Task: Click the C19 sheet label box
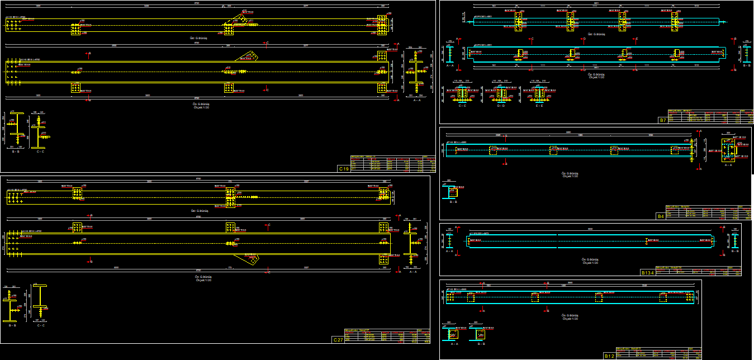point(344,168)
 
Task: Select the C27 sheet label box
point(338,340)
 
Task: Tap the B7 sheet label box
point(663,120)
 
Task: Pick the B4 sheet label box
point(661,216)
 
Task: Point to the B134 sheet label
point(647,273)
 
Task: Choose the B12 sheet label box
point(609,356)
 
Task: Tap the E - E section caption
point(539,106)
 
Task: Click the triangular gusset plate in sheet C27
point(246,259)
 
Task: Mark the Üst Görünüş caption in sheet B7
point(594,34)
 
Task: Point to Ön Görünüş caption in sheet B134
point(590,259)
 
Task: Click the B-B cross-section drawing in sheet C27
point(13,305)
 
